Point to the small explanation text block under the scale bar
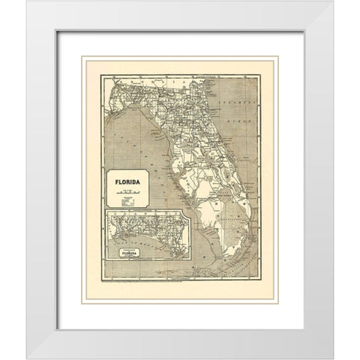127,201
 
